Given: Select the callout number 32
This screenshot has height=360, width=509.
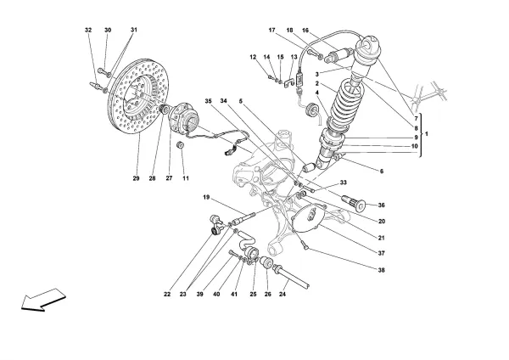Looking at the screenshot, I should pos(88,30).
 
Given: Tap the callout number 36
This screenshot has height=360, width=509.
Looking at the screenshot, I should pos(381,205).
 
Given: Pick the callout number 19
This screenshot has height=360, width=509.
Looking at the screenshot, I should pos(206,198).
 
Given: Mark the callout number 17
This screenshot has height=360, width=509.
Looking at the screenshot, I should pos(271,31).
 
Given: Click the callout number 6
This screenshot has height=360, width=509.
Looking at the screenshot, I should pos(381,172).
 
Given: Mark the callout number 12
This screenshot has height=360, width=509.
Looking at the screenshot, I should pos(253,57).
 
